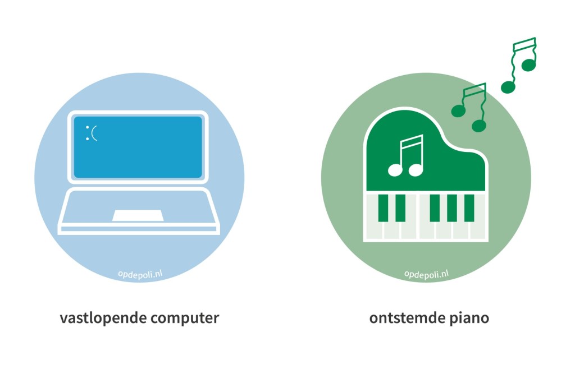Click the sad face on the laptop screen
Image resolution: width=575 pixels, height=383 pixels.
click(x=92, y=133)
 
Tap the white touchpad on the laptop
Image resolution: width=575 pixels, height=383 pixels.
click(x=138, y=216)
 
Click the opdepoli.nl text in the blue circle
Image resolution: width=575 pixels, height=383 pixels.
click(x=140, y=275)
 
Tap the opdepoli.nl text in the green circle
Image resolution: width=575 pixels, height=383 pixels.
click(x=427, y=275)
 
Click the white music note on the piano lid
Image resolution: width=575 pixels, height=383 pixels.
click(x=407, y=156)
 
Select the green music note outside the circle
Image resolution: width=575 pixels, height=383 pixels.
click(x=520, y=65)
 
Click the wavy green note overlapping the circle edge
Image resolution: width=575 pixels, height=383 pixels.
click(x=470, y=107)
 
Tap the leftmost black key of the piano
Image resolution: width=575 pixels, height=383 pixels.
click(x=383, y=208)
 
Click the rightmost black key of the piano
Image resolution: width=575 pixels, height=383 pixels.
click(x=469, y=208)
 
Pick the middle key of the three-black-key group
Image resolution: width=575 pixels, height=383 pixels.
click(x=452, y=208)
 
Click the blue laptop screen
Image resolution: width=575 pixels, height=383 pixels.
click(x=138, y=147)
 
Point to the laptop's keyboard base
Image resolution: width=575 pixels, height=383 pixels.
click(x=139, y=211)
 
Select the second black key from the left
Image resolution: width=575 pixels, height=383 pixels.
click(x=400, y=208)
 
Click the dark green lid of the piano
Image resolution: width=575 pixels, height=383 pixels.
click(x=426, y=154)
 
